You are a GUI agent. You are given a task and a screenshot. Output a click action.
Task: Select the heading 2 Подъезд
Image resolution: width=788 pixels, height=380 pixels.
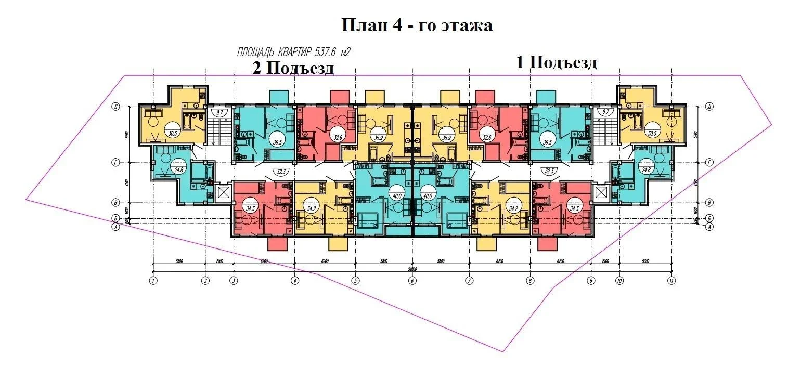(x=293, y=68)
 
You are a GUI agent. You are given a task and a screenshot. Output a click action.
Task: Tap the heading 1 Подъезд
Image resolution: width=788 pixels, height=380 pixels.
(x=556, y=63)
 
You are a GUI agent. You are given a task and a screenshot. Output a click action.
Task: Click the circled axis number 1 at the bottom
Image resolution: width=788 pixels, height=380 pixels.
(x=153, y=281)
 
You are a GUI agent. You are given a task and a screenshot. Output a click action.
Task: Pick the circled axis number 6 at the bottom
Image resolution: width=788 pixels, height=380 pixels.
(x=412, y=281)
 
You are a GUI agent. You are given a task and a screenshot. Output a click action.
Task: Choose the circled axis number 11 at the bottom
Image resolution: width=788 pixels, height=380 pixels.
(x=671, y=281)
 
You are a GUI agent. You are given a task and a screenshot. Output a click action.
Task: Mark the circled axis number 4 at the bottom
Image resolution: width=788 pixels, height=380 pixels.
(x=295, y=281)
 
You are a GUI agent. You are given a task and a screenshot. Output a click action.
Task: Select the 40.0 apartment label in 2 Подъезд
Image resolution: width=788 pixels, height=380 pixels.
(x=397, y=196)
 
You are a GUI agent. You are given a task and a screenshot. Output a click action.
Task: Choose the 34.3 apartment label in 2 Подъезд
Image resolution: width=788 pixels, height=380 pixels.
(x=251, y=208)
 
